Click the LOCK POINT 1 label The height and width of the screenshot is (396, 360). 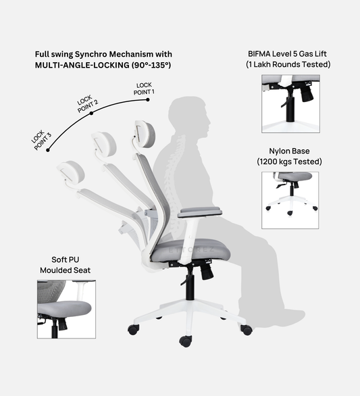[145, 88]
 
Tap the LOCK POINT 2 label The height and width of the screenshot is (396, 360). [87, 102]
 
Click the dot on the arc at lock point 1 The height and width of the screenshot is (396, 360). [147, 100]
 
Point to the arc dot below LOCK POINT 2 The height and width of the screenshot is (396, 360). [93, 113]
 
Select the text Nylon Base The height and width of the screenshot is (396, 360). [289, 151]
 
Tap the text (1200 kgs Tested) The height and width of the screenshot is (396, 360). [289, 162]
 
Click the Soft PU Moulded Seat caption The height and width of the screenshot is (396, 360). [63, 265]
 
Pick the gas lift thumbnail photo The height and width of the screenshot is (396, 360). [290, 103]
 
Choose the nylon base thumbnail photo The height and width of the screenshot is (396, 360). [290, 200]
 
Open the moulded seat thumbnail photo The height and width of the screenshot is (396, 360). [64, 309]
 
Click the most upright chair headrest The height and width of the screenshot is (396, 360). [146, 134]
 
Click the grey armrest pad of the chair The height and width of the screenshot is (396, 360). [201, 212]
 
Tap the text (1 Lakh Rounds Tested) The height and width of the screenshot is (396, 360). [288, 64]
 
